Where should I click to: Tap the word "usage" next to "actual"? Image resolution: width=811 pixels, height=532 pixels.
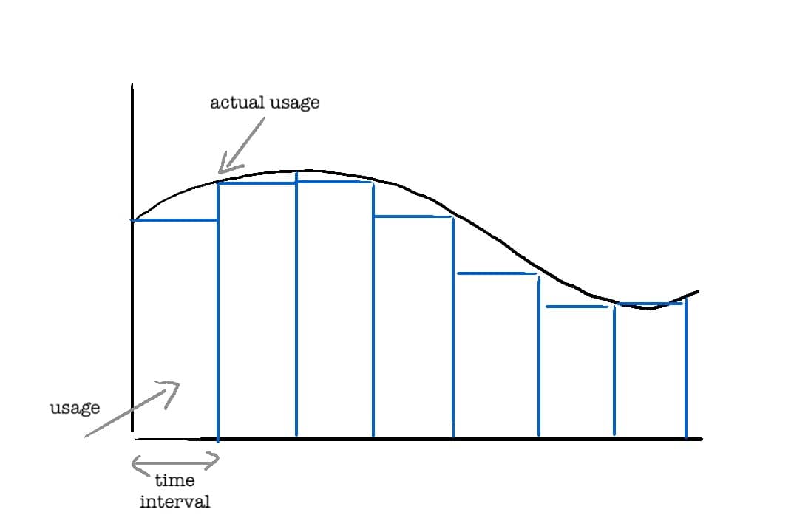coord(293,103)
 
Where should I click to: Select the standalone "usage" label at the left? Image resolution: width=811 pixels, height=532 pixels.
coord(75,408)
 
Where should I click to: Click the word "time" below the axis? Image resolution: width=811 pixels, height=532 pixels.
coord(174,480)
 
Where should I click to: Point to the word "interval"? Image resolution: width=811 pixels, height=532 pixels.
coord(174,502)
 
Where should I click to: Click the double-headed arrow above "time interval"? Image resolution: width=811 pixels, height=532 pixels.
coord(175,463)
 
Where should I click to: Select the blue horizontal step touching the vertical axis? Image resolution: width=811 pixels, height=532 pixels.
coord(175,219)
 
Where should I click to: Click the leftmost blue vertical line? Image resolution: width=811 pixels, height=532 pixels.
coord(218,310)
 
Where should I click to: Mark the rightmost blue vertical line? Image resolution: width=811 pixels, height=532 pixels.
coord(686,369)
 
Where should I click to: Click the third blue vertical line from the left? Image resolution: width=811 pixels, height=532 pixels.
coord(373,310)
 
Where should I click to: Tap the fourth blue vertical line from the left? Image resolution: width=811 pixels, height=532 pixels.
coord(453,325)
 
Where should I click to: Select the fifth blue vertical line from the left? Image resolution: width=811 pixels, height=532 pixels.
coord(538,355)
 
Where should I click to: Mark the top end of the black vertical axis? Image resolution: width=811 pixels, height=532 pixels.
coord(132,85)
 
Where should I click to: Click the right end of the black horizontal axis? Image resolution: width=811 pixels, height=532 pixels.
coord(701,439)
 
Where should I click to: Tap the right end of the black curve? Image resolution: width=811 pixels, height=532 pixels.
coord(697,292)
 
